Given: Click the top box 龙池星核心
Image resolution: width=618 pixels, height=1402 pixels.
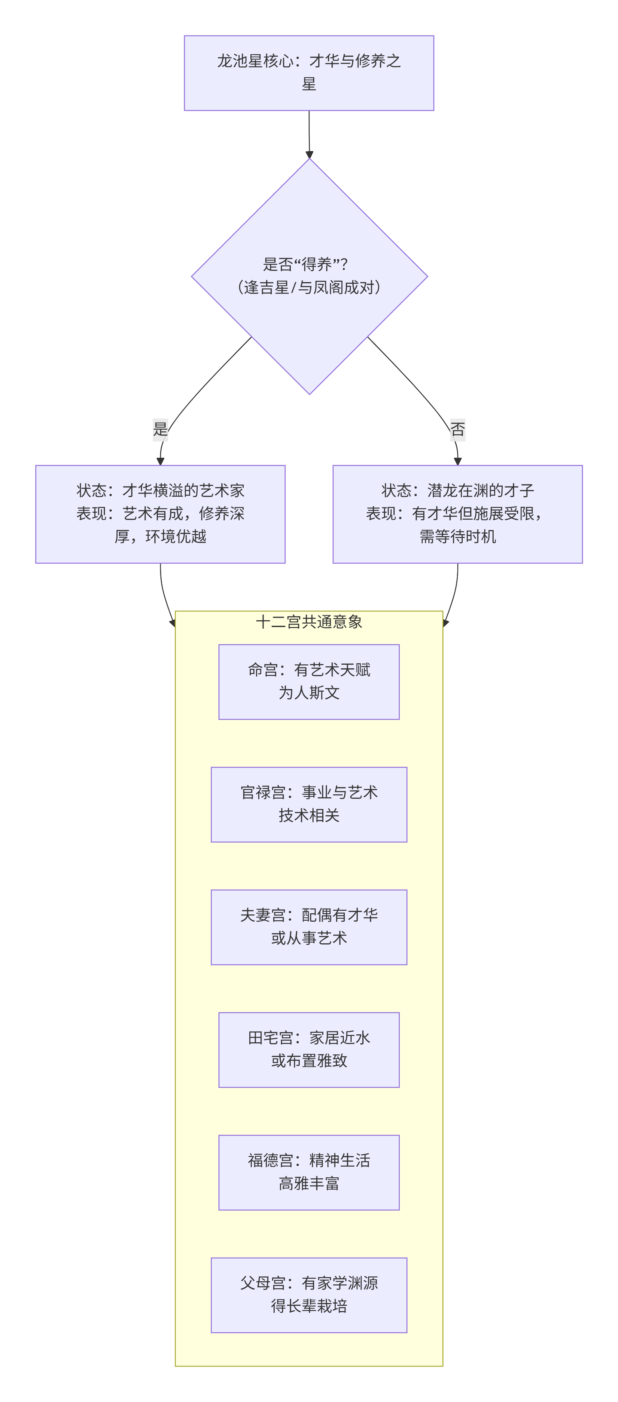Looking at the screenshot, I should (309, 73).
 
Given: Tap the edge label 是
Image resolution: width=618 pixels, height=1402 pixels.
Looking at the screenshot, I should (160, 429).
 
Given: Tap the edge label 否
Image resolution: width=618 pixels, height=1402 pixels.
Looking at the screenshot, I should (458, 429).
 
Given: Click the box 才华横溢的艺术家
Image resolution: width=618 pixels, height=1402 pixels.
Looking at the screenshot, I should (160, 514).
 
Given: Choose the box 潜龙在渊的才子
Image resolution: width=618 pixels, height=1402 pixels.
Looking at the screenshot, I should (458, 514).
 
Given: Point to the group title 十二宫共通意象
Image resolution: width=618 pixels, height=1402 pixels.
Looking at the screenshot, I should (309, 622).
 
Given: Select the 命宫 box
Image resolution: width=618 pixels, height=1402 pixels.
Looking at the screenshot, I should (309, 681).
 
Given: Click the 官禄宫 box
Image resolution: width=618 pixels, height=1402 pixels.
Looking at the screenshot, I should (309, 804).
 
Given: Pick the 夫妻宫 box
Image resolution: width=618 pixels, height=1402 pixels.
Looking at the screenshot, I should (309, 927).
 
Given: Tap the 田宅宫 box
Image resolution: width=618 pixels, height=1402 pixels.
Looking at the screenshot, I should (309, 1049).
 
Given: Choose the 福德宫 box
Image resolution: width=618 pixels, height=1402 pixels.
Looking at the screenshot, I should (309, 1172).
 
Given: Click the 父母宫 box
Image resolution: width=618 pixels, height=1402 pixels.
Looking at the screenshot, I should (309, 1295).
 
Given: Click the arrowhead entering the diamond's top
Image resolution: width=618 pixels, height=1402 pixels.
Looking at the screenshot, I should (309, 155).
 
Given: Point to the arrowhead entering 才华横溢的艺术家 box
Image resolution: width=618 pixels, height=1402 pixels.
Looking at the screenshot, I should (160, 461).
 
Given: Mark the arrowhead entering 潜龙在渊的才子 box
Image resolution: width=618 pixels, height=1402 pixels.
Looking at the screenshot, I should (458, 461).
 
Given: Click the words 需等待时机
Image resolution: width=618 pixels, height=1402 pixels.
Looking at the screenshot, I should (458, 537).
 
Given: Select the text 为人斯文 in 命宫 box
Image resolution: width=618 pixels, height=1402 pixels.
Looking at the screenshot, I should (309, 693).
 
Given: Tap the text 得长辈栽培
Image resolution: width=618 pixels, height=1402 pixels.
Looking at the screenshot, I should (309, 1306).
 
